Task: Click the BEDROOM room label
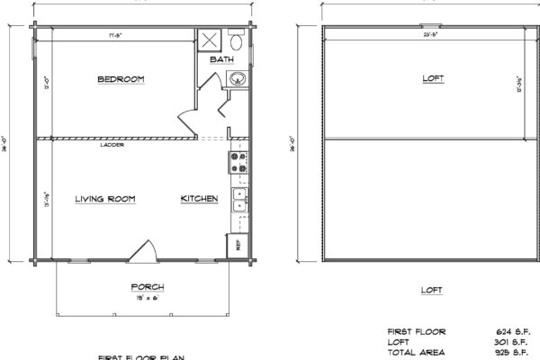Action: (121, 80)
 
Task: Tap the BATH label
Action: (221, 59)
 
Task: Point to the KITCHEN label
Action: (199, 198)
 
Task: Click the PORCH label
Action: (147, 287)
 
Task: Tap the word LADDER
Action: (114, 145)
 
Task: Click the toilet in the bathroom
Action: (236, 40)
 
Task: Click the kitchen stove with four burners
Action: (239, 164)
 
